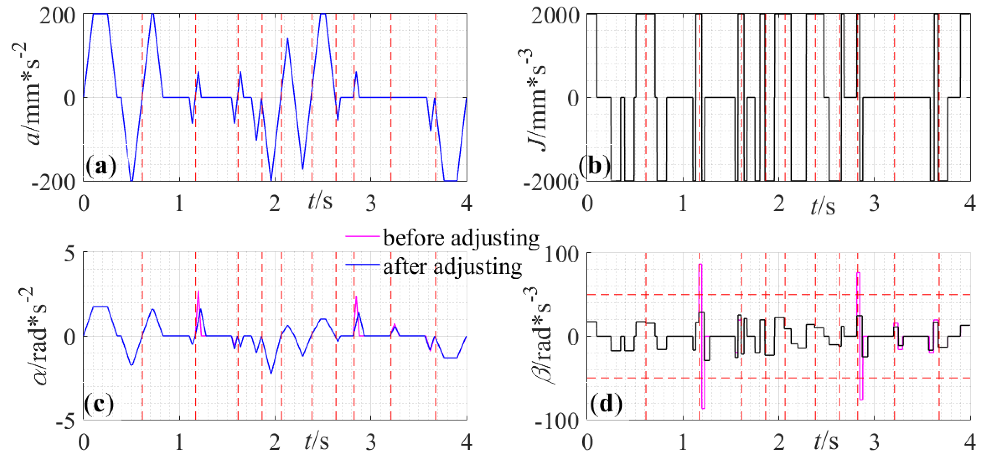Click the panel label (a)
101,167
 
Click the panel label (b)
594,167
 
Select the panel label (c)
99,404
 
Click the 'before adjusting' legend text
461,238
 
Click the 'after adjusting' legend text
452,266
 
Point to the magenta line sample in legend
362,236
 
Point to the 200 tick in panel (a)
57,16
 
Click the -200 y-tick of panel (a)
54,182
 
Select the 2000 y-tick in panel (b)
556,16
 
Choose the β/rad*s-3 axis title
540,336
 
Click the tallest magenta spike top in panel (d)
700,264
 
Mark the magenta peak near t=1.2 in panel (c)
198,291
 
